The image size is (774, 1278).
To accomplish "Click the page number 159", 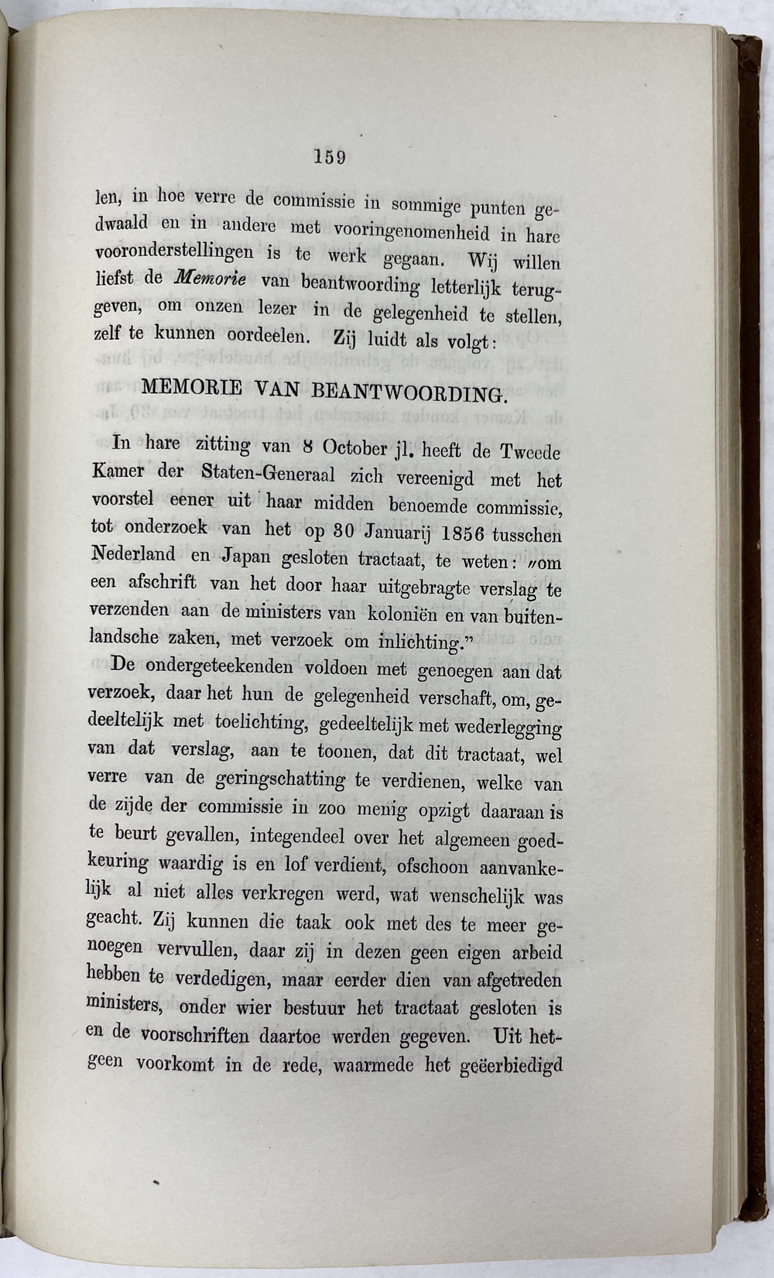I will point(329,157).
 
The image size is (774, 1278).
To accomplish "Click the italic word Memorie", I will point(205,278).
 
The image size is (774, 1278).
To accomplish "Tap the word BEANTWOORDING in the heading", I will point(408,391).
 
